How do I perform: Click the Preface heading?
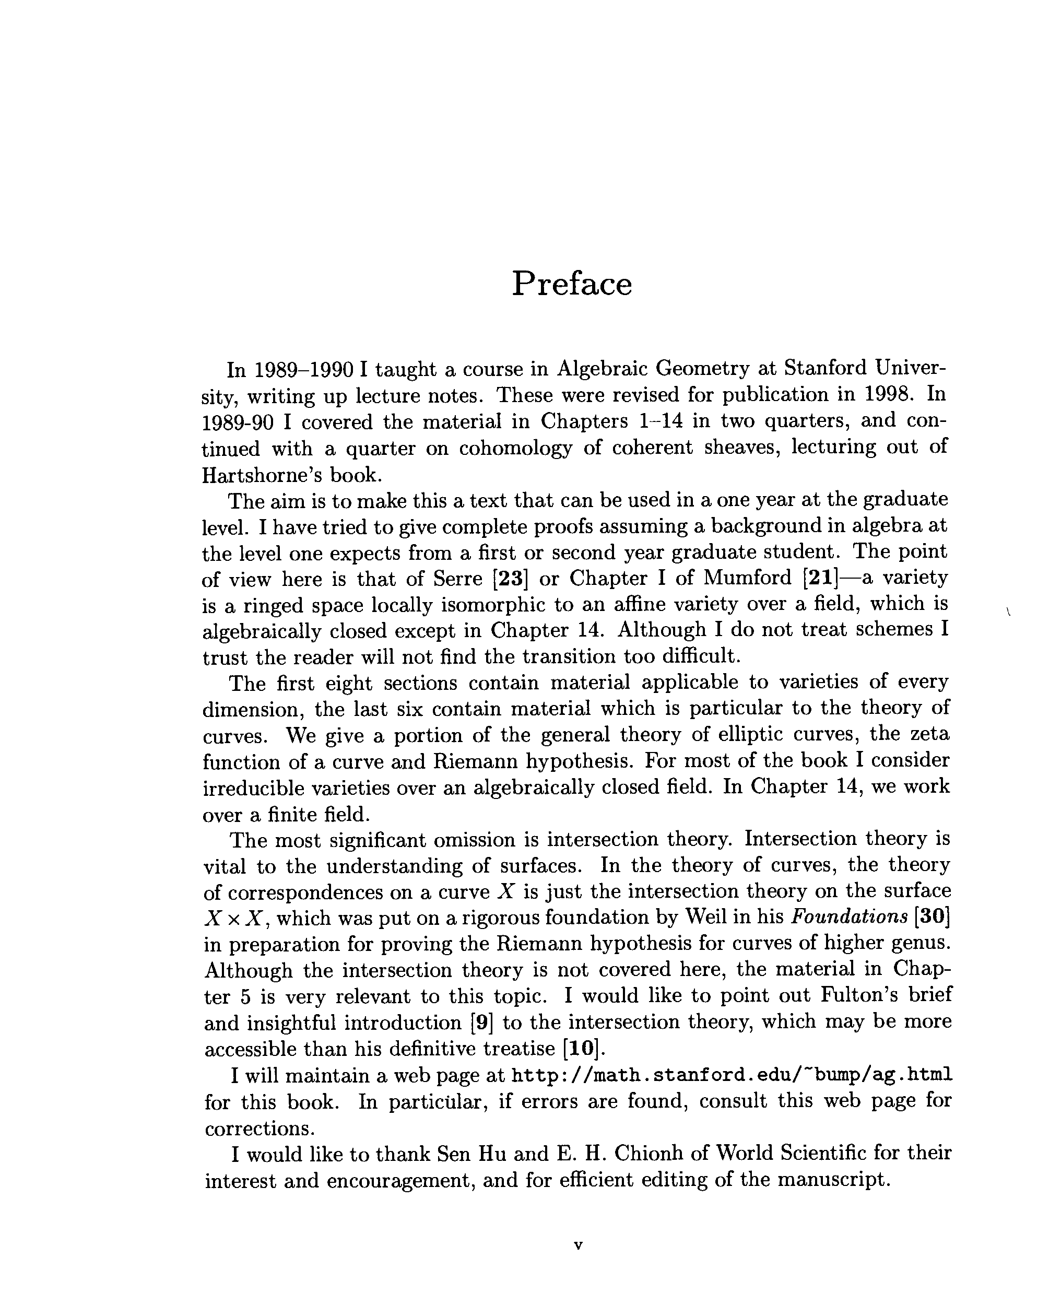click(571, 284)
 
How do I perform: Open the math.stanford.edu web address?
click(731, 1075)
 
